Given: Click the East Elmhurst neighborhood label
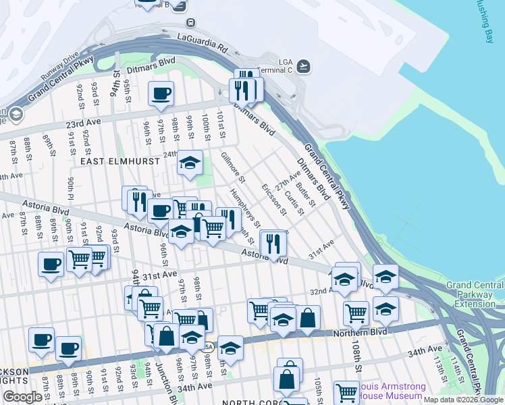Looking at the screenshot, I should (x=119, y=161).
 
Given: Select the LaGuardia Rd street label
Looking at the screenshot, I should (x=203, y=42).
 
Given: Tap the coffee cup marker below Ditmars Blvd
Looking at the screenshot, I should (x=161, y=95).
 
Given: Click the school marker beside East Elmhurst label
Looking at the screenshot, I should (x=190, y=164).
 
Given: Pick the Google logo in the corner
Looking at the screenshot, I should (x=22, y=397).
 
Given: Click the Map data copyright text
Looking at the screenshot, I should (x=464, y=400).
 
